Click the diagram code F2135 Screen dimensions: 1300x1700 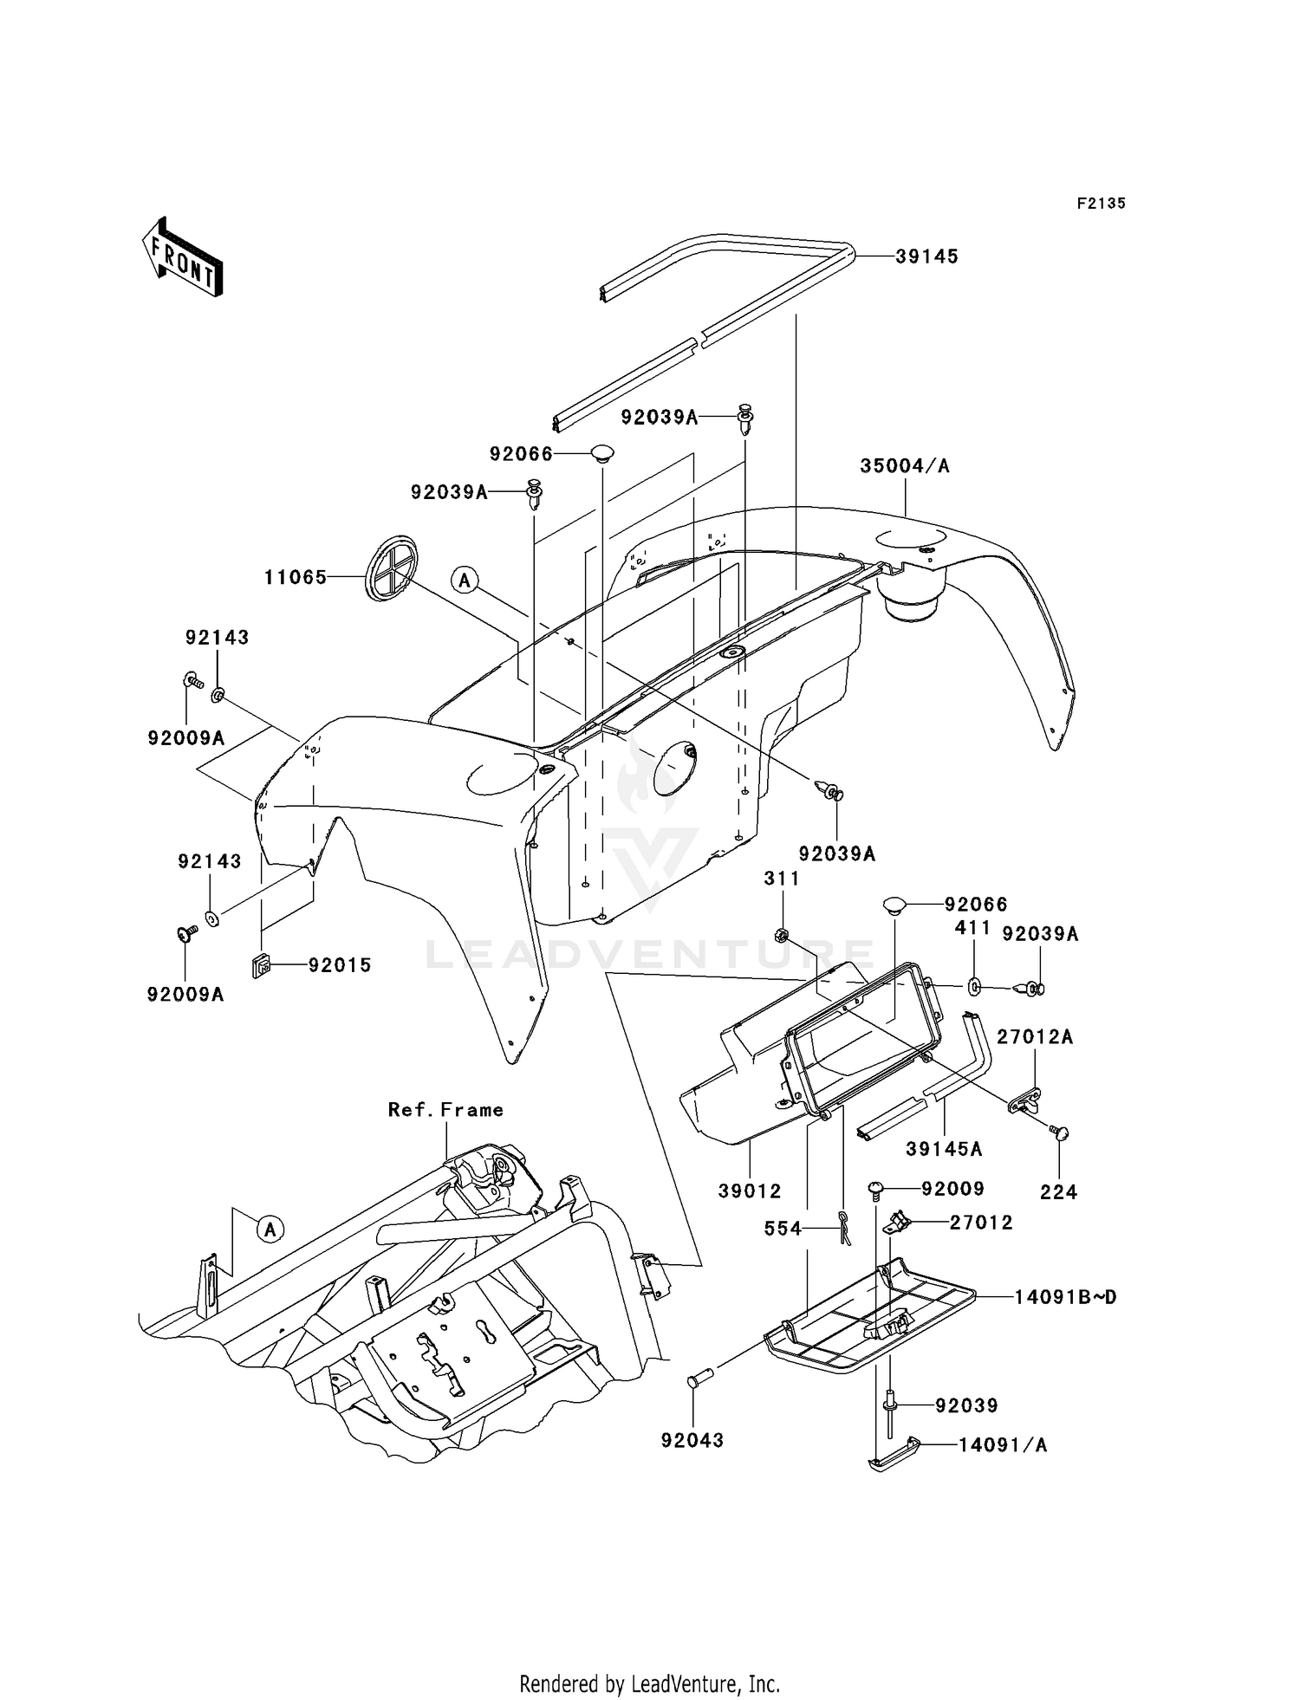point(1101,204)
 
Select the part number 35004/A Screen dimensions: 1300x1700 point(905,466)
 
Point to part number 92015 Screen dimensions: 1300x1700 point(340,965)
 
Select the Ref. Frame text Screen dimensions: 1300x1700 point(445,1110)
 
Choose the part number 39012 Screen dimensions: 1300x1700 point(750,1191)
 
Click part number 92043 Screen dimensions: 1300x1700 point(692,1440)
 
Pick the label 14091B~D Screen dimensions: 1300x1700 point(1066,1297)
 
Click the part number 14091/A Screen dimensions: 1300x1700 point(1003,1445)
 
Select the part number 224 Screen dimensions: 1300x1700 point(1058,1192)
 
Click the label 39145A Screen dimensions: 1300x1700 point(944,1149)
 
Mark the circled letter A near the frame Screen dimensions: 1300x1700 point(270,1228)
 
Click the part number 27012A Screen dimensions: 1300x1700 point(1035,1037)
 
